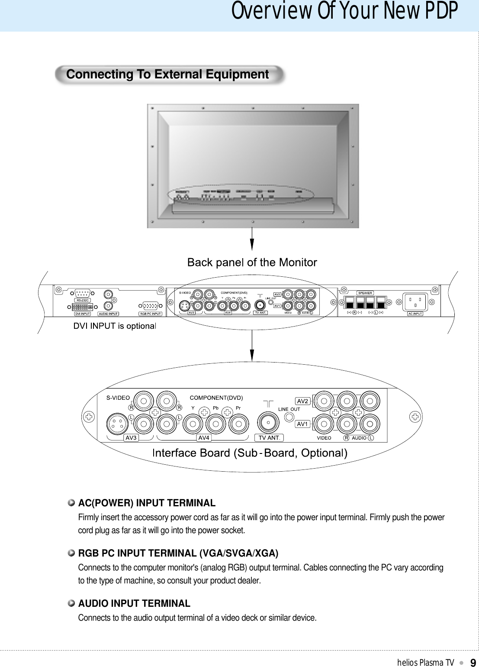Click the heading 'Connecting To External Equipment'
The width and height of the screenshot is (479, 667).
coord(167,74)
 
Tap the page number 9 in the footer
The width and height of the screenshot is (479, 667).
coord(473,662)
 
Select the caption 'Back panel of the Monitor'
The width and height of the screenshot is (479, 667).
coord(252,262)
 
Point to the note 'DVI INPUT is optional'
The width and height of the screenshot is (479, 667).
coord(114,326)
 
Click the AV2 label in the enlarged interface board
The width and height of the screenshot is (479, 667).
coord(302,401)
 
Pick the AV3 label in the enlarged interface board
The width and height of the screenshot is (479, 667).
coord(131,438)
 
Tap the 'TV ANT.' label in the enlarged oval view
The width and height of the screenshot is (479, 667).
coord(269,438)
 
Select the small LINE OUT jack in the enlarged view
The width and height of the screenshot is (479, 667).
coord(289,418)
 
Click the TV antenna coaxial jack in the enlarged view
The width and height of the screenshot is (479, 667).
coord(268,422)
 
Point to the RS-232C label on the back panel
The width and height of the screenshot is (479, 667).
coord(82,300)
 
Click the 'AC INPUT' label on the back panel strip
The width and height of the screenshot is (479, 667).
coord(415,314)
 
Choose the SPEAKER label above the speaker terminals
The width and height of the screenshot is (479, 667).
coord(365,293)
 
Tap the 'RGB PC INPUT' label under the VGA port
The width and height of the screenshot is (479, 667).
coord(150,314)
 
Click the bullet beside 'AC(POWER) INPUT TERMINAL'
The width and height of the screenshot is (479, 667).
coord(71,503)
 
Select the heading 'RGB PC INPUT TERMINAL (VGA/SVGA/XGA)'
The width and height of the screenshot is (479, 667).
coord(178,553)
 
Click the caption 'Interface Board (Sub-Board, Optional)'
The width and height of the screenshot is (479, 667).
coord(250,453)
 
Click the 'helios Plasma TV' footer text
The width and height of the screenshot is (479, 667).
coord(425,662)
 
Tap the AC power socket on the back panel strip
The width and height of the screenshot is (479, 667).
coord(415,301)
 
